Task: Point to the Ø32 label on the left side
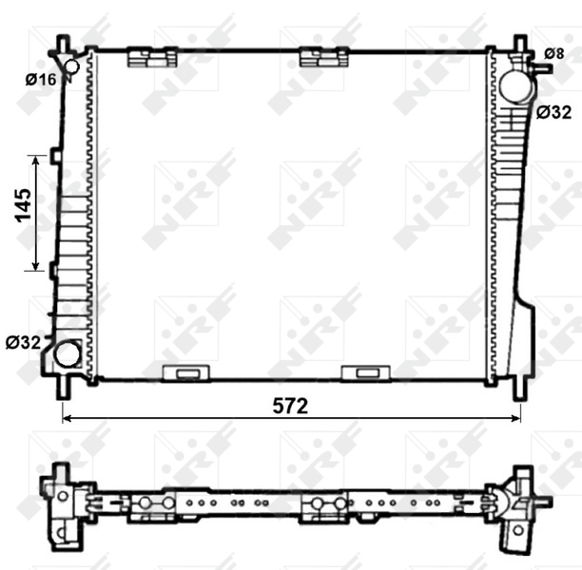pos(23,343)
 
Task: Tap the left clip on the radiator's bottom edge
pos(186,372)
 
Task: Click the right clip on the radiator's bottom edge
pos(362,372)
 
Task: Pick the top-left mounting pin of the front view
pos(63,45)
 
